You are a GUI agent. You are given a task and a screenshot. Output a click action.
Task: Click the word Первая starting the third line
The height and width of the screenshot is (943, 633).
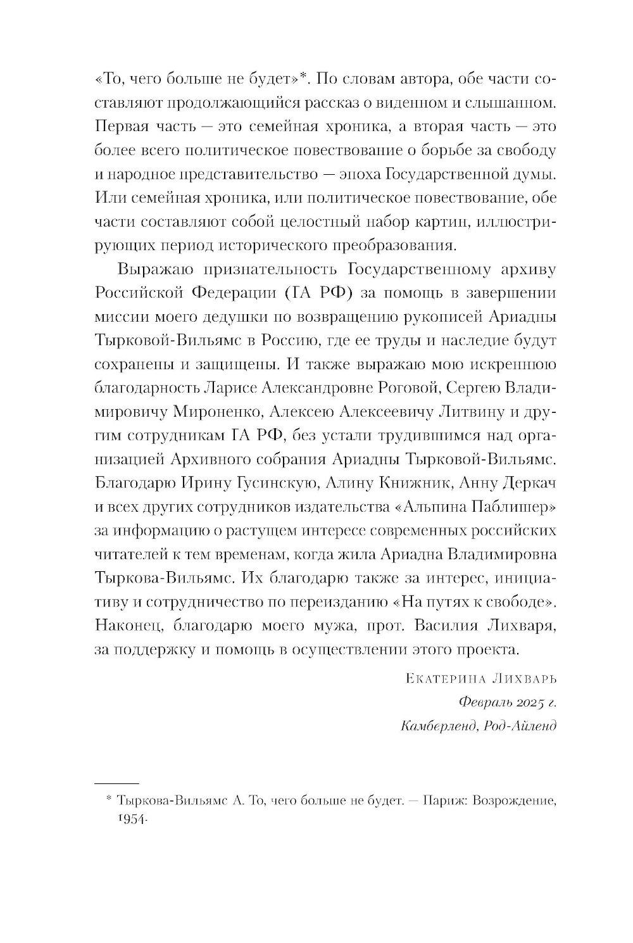point(122,126)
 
